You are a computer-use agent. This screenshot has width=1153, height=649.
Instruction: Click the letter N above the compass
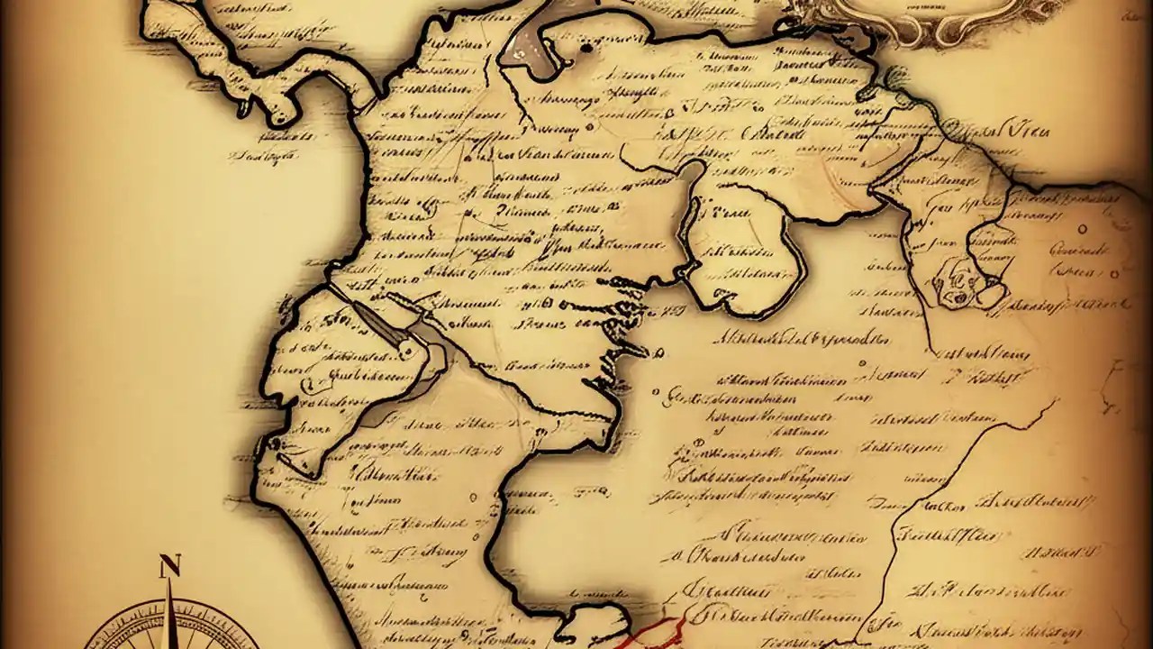click(169, 567)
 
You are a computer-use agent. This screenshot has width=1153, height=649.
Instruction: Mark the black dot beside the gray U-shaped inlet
click(586, 47)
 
